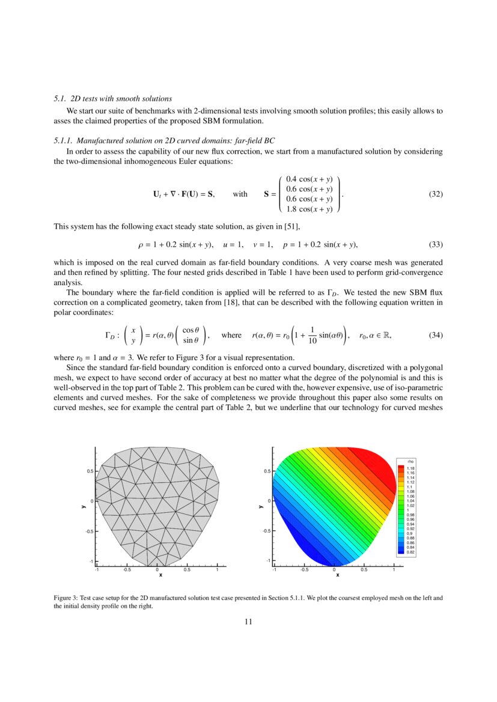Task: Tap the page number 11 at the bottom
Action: pyautogui.click(x=248, y=622)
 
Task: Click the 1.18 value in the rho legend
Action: pyautogui.click(x=411, y=468)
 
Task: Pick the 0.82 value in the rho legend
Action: pyautogui.click(x=411, y=552)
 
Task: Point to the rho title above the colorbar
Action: pyautogui.click(x=410, y=462)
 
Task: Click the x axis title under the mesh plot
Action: pyautogui.click(x=160, y=575)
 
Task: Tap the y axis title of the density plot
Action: pyautogui.click(x=261, y=506)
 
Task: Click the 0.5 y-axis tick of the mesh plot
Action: pyautogui.click(x=89, y=471)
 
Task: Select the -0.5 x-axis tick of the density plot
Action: pyautogui.click(x=304, y=570)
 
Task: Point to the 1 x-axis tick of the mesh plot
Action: pyautogui.click(x=217, y=570)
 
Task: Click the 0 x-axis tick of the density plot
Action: pyautogui.click(x=334, y=570)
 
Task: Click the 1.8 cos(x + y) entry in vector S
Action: pyautogui.click(x=309, y=209)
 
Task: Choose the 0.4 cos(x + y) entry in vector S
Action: pyautogui.click(x=309, y=180)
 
